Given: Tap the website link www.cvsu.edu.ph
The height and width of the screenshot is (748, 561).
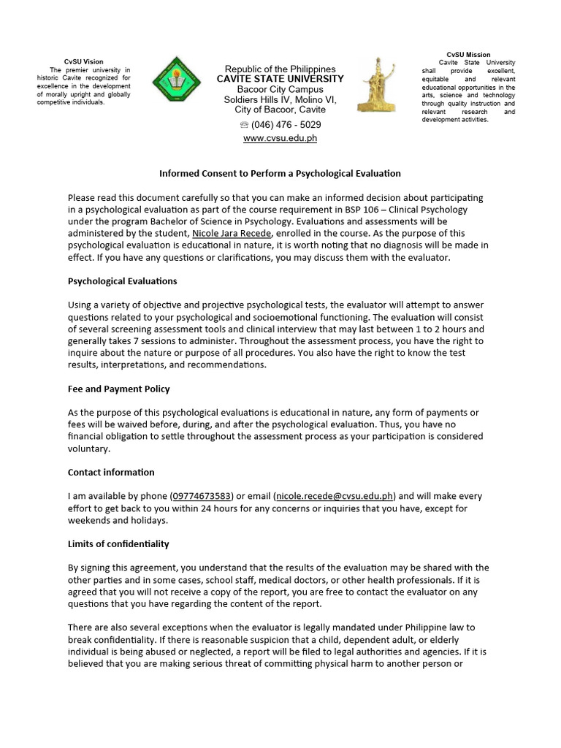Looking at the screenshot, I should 280,138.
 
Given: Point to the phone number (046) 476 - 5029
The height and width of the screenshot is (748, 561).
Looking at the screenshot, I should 286,125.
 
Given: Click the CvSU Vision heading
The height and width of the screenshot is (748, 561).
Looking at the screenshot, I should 84,61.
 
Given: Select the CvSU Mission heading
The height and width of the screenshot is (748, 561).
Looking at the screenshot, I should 468,55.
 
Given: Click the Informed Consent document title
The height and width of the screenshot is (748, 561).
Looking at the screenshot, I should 280,174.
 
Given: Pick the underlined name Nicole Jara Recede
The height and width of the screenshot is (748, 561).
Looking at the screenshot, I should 232,233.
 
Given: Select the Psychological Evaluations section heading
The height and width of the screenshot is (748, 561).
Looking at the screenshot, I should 122,281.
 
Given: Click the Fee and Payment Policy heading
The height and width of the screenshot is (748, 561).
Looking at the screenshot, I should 118,389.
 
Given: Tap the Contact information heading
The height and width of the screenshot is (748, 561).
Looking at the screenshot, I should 111,473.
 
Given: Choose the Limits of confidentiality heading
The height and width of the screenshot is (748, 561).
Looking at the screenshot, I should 118,544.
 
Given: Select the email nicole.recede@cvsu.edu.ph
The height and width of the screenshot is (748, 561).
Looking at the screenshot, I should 335,496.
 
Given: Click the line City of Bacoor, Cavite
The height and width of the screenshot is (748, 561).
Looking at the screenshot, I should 280,110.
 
